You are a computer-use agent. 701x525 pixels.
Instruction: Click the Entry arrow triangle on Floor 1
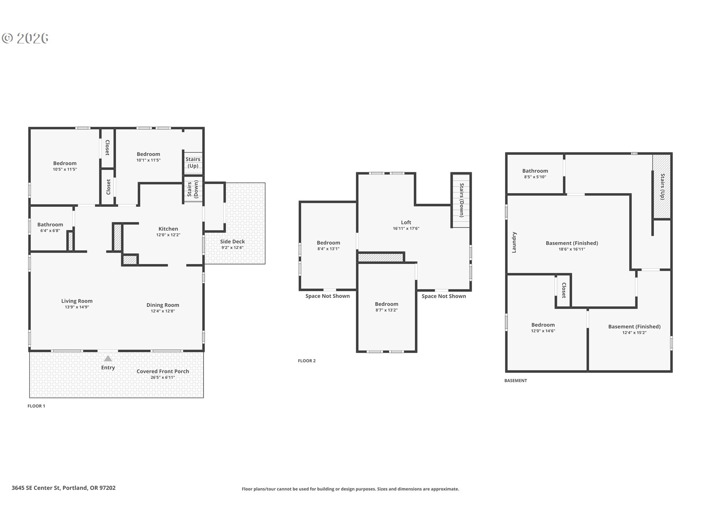click(x=108, y=358)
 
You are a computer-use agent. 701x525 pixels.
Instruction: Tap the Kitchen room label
click(x=168, y=229)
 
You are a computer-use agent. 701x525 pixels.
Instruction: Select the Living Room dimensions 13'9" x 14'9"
click(x=77, y=307)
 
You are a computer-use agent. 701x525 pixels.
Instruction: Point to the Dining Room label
click(x=163, y=305)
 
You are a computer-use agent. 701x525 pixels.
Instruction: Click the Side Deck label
click(x=233, y=241)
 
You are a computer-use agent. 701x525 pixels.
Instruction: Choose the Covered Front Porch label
click(x=163, y=371)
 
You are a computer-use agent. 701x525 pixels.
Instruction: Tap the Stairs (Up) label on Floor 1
click(x=193, y=162)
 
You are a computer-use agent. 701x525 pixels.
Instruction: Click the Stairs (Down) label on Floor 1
click(x=193, y=189)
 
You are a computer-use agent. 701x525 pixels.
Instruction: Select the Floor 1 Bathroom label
click(x=50, y=225)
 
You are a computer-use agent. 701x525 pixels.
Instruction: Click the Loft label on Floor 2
click(x=406, y=222)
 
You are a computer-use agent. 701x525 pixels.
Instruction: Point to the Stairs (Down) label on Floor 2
click(x=461, y=200)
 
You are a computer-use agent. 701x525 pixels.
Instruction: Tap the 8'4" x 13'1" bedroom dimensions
click(x=328, y=249)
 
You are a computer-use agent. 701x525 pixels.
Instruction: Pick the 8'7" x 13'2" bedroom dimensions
click(x=386, y=310)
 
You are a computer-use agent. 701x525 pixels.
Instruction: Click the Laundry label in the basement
click(x=514, y=242)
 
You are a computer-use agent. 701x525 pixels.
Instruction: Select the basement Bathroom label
click(x=535, y=171)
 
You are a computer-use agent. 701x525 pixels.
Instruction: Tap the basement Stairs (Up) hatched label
click(x=662, y=186)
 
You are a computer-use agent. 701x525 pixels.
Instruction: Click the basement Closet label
click(x=564, y=290)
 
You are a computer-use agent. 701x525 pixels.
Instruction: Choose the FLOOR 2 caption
click(x=307, y=361)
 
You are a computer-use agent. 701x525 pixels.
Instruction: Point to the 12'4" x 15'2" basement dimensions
click(x=634, y=332)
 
